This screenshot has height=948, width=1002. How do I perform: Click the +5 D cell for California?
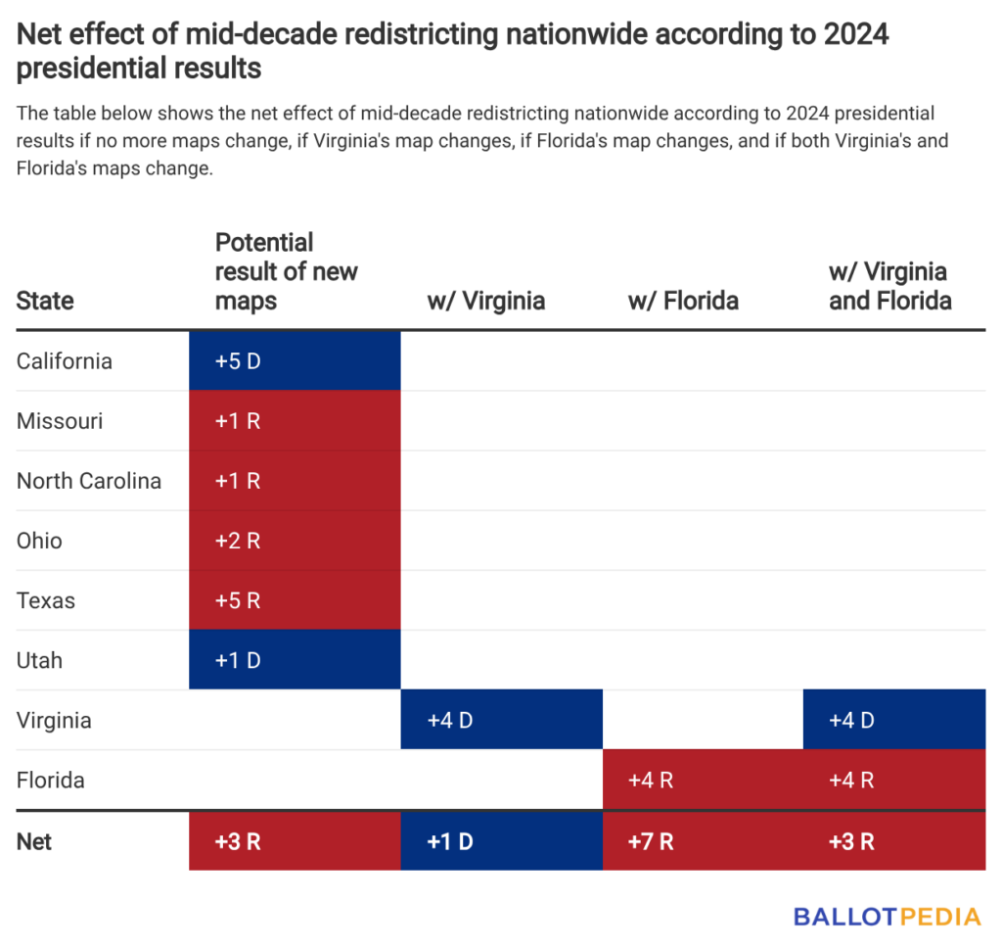pos(295,360)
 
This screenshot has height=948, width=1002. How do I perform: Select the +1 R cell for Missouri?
pos(295,421)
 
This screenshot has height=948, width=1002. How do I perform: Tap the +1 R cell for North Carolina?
pos(295,481)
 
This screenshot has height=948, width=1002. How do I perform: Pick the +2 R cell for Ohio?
pos(295,541)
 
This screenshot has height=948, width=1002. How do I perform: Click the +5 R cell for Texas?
pos(295,600)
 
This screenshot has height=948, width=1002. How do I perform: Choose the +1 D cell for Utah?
pos(295,660)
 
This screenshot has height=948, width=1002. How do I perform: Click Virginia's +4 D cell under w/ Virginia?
pos(501,721)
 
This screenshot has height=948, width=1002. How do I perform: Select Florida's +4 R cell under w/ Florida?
pos(703,781)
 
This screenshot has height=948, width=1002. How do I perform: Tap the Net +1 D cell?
pos(501,841)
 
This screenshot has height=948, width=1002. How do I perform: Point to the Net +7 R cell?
pos(703,841)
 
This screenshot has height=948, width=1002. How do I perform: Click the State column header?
pos(45,301)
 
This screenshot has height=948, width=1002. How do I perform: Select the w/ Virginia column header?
pos(485,301)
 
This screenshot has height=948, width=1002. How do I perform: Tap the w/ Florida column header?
pos(683,301)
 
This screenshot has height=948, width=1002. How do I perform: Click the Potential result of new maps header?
pos(286,271)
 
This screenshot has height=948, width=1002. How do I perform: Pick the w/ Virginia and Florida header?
pos(889,286)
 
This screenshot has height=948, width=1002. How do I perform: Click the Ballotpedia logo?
pos(887,917)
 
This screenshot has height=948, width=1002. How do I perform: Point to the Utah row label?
pos(39,660)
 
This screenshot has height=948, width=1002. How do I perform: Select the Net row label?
pos(35,841)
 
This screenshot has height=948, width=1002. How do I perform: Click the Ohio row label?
pos(39,541)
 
